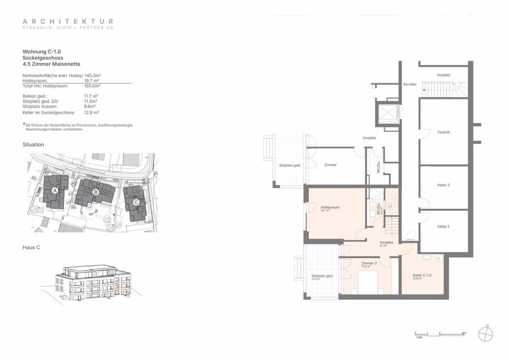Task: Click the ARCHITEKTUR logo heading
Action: click(68, 21)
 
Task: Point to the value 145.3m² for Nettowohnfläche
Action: click(92, 75)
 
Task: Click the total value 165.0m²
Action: click(92, 86)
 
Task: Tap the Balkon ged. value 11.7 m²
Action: click(91, 96)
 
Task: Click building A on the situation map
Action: click(54, 190)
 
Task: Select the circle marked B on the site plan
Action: click(96, 192)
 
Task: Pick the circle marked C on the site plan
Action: click(136, 202)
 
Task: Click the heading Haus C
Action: click(32, 247)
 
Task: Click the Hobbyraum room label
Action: click(330, 208)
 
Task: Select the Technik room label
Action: click(443, 132)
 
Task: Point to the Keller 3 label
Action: click(443, 185)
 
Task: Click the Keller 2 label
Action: click(443, 226)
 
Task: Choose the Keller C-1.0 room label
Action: click(422, 275)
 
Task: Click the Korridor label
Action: click(410, 84)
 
